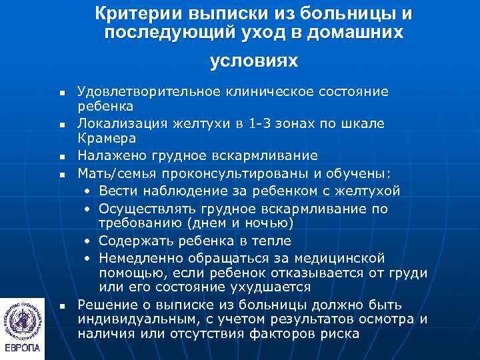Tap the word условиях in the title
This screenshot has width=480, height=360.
point(253,61)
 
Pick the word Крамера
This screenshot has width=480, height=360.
point(107,139)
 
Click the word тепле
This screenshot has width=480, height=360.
point(271,240)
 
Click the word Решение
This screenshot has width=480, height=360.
point(103,304)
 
